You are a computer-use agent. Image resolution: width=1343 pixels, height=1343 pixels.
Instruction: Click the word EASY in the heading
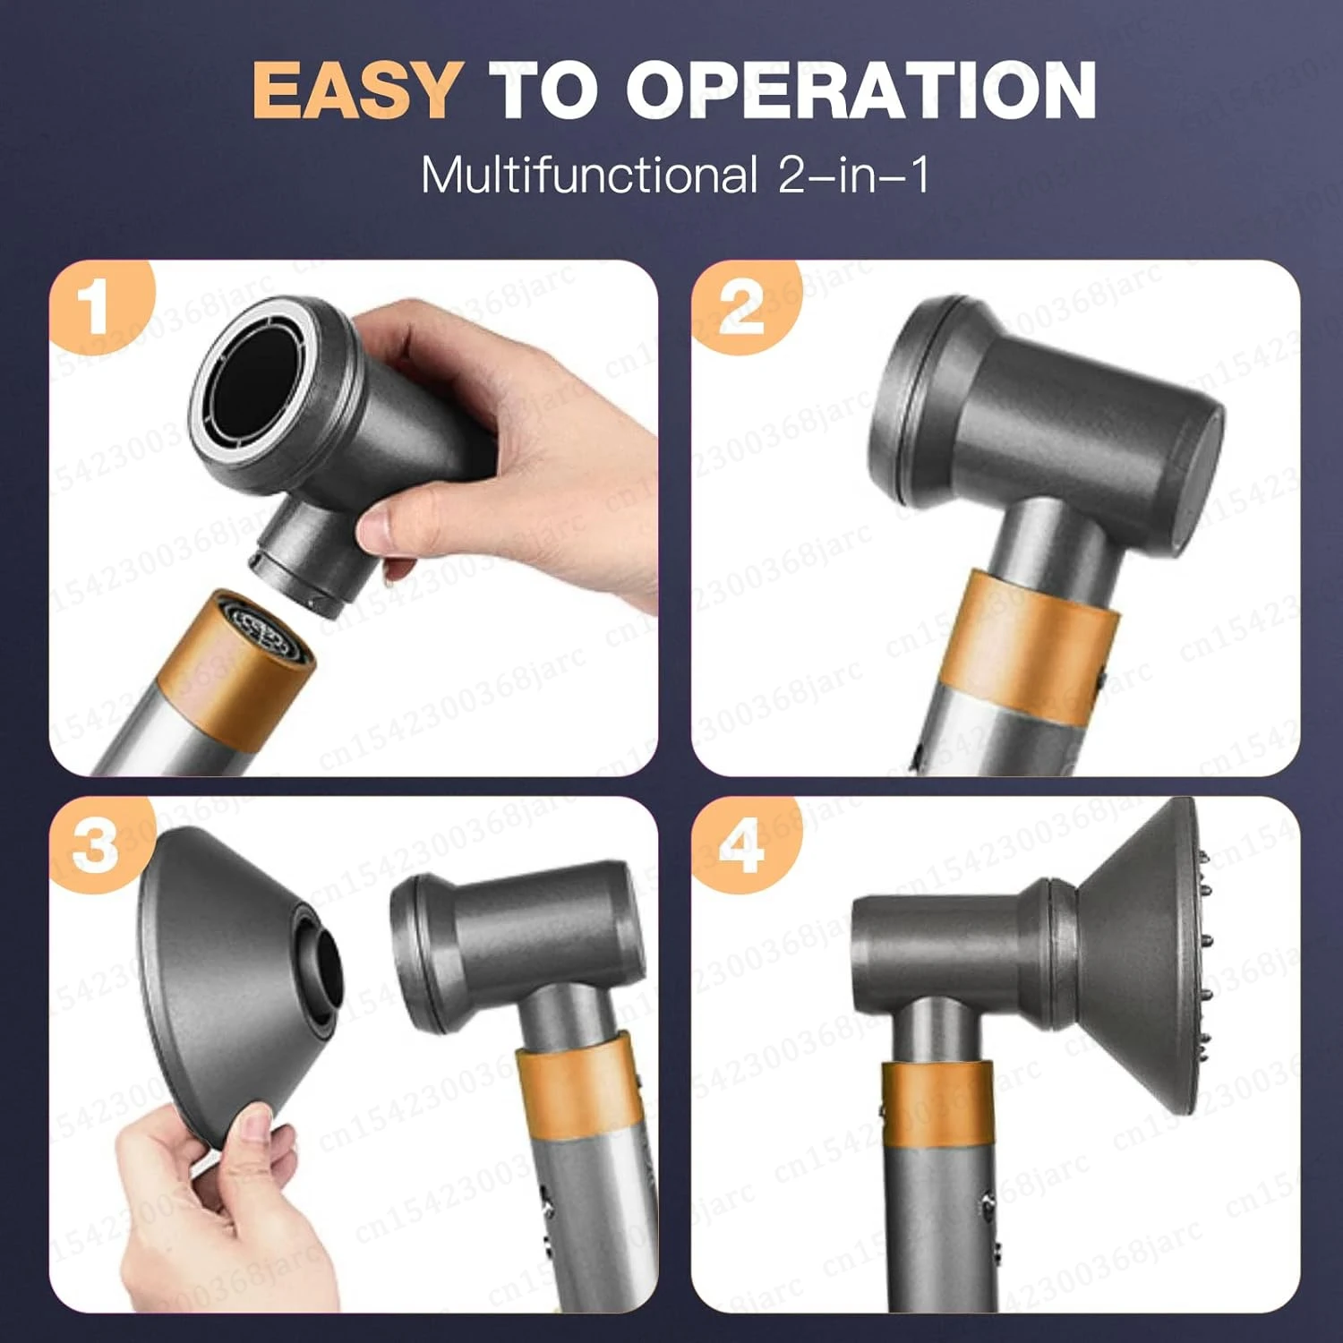pos(356,90)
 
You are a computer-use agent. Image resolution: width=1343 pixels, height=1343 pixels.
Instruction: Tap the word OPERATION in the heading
pos(860,90)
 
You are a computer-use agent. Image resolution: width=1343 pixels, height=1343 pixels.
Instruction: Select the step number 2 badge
pos(740,307)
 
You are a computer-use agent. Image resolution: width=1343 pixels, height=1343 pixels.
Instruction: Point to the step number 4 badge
pos(740,844)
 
